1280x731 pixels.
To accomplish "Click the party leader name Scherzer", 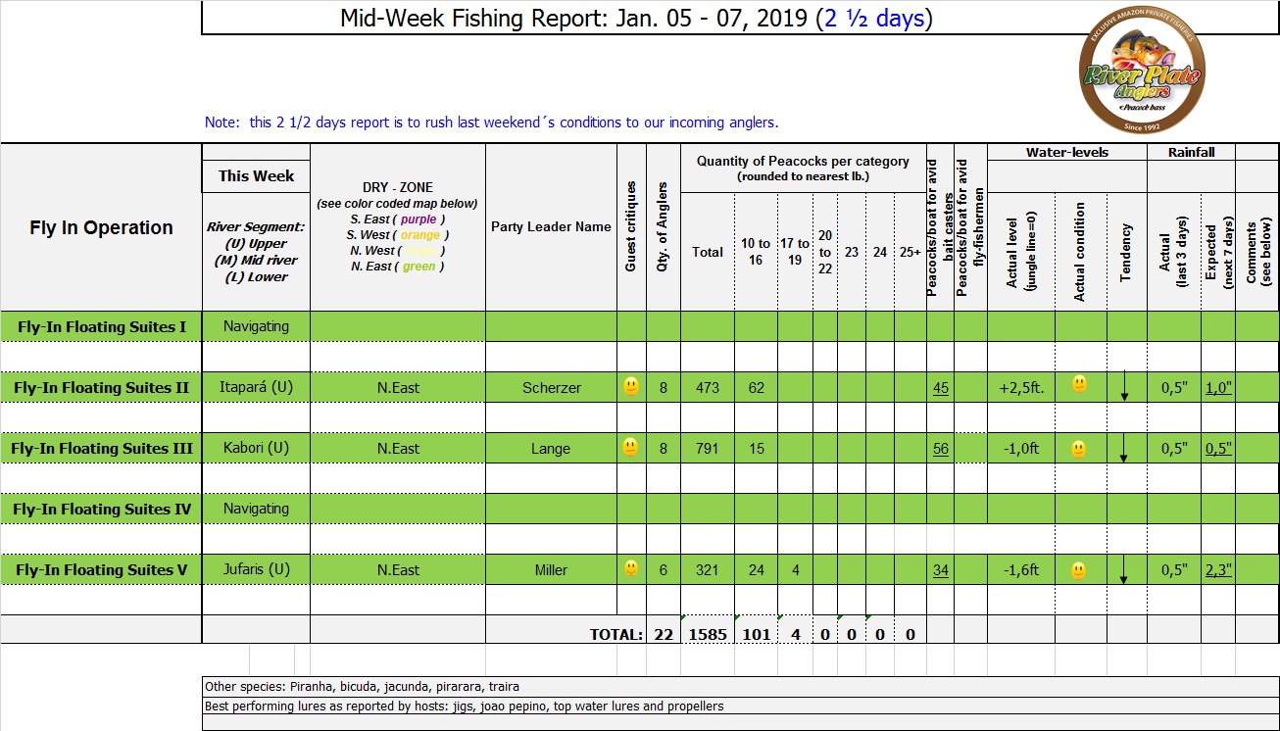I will (551, 388).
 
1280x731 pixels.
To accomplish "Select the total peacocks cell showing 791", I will (707, 449).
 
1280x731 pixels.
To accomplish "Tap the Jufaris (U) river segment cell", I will (256, 569).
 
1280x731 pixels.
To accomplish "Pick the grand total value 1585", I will (708, 634).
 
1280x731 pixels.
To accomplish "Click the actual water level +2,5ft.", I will (1020, 388).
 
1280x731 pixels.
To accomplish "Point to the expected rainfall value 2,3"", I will (1218, 570).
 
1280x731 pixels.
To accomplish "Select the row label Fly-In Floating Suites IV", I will (102, 510).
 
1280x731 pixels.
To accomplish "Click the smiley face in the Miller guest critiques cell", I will (631, 568).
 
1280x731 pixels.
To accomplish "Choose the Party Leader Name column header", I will (551, 227).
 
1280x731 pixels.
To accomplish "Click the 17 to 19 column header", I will (795, 252).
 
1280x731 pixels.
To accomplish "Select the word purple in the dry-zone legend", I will (418, 219).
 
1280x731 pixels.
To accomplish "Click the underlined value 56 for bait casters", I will (941, 449).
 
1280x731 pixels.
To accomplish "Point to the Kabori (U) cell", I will (256, 449).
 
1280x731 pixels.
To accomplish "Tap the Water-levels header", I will (1067, 153).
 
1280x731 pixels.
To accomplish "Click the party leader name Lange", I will (551, 449).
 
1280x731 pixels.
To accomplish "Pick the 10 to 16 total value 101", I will (756, 634).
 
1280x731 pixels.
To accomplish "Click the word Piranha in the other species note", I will (295, 687).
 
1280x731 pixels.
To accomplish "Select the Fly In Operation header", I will (101, 228).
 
